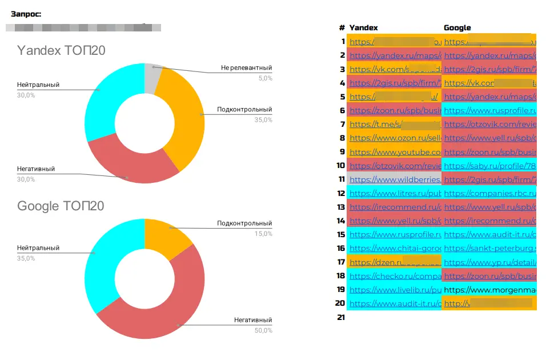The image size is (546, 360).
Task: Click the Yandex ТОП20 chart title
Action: tap(61, 51)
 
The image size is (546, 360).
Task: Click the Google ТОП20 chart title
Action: tap(61, 206)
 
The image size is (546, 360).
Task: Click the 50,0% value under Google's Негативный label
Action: tap(263, 330)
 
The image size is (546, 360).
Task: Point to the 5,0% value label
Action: tap(265, 78)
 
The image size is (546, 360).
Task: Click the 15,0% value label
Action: tap(263, 234)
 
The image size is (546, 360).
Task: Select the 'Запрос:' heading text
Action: tap(26, 14)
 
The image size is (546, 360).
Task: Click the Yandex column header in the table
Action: tap(363, 27)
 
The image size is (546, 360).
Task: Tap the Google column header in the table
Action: tap(457, 27)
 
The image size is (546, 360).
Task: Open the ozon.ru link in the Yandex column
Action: tap(395, 138)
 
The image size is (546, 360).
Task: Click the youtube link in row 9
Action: tap(395, 152)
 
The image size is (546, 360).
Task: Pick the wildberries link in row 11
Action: tap(395, 179)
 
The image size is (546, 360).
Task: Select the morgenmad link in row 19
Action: tap(489, 290)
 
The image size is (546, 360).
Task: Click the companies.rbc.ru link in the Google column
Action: tap(489, 193)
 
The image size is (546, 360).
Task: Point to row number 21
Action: tap(341, 317)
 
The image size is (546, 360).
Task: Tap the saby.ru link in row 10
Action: tap(489, 166)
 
